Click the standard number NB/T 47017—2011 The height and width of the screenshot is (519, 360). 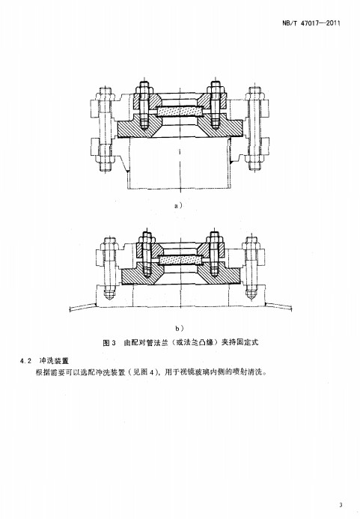coord(311,23)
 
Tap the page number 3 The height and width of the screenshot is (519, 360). coord(341,505)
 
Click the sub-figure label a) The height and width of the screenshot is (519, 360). coord(178,205)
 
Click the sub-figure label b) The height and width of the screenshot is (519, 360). coord(180,328)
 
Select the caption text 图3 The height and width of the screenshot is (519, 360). coord(109,342)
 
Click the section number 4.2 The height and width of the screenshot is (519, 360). coord(25,360)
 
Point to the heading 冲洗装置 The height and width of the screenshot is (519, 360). coord(54,360)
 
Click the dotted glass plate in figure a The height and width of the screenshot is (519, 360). coord(180,112)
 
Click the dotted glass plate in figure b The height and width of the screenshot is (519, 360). coord(181,260)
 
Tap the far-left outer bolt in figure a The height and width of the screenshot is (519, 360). coord(105,129)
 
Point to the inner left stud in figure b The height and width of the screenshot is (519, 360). coord(147,254)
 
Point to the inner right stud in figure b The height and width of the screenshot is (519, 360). coord(214,254)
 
